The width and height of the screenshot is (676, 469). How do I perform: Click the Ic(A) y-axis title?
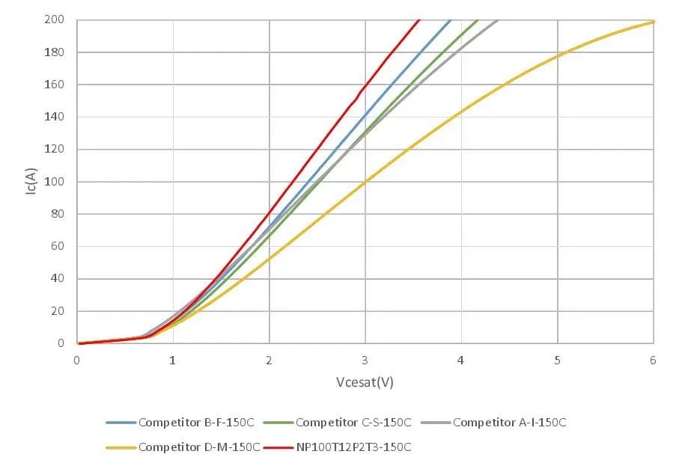pos(31,181)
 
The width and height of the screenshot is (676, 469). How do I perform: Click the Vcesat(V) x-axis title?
pos(365,382)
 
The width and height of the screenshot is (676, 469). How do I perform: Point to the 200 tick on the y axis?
pos(54,19)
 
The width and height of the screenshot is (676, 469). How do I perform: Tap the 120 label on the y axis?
pos(54,149)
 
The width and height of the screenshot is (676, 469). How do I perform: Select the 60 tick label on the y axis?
pos(57,246)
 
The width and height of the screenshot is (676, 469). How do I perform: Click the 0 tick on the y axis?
pos(61,343)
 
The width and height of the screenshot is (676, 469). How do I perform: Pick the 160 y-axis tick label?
pos(54,85)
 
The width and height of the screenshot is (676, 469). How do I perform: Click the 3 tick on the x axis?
pos(365,360)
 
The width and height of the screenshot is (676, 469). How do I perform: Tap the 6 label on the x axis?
pos(653,360)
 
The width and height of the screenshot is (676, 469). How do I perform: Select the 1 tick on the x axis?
pos(172,360)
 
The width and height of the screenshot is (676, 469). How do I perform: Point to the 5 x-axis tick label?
pos(557,360)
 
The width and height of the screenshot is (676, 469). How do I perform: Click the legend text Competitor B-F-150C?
pos(196,423)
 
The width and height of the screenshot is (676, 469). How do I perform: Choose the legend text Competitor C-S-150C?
pos(353,423)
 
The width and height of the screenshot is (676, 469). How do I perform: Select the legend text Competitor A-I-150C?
pos(510,423)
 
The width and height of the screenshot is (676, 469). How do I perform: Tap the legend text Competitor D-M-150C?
pos(199,447)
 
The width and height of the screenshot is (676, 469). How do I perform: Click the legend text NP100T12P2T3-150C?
pos(353,447)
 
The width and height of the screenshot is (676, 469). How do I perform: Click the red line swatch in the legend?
pos(278,448)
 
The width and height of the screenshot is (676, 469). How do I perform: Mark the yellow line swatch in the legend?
pos(121,448)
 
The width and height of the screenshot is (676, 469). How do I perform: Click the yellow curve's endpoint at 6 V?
pos(653,22)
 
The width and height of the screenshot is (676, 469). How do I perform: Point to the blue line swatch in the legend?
pos(121,423)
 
